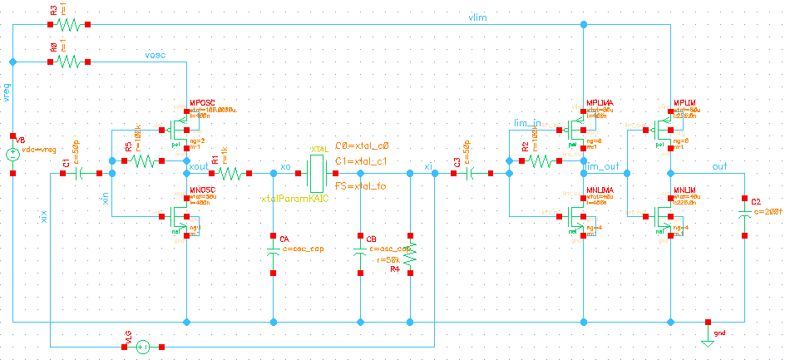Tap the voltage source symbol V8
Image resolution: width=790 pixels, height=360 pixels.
click(x=13, y=154)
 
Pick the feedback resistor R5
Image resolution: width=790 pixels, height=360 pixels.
click(x=141, y=160)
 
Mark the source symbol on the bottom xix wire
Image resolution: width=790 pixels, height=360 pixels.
click(x=142, y=346)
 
